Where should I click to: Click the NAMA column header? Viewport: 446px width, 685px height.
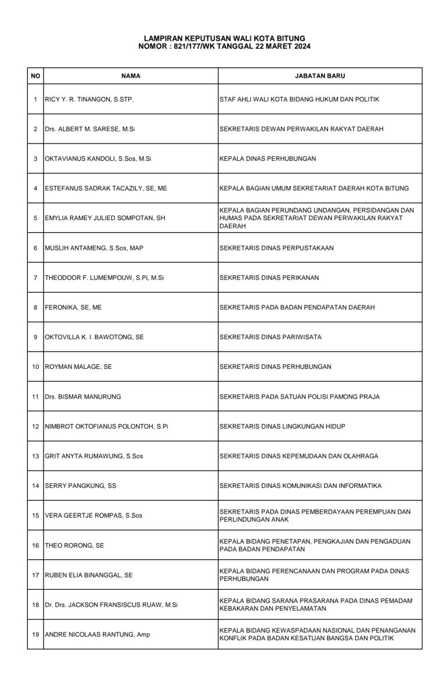(x=131, y=76)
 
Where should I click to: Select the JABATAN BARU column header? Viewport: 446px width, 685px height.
(x=320, y=76)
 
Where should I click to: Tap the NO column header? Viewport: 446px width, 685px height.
(x=35, y=76)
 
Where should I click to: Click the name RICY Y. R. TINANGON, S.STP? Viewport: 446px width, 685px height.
(x=89, y=99)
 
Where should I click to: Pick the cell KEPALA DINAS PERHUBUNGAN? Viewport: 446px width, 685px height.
(x=268, y=159)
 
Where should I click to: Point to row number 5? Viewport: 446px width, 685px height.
(x=35, y=218)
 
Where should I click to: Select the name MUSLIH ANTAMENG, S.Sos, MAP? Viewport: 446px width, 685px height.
(x=93, y=248)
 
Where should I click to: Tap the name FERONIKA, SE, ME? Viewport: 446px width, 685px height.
(x=73, y=307)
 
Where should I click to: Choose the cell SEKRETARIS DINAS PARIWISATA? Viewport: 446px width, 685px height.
(x=270, y=337)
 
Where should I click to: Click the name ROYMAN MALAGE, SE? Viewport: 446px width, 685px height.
(x=78, y=367)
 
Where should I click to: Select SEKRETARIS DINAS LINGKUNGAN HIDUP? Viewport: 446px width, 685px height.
(x=282, y=426)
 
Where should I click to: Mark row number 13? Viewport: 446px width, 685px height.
(x=35, y=456)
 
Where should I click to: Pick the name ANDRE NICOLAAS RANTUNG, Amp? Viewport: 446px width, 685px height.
(x=97, y=634)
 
